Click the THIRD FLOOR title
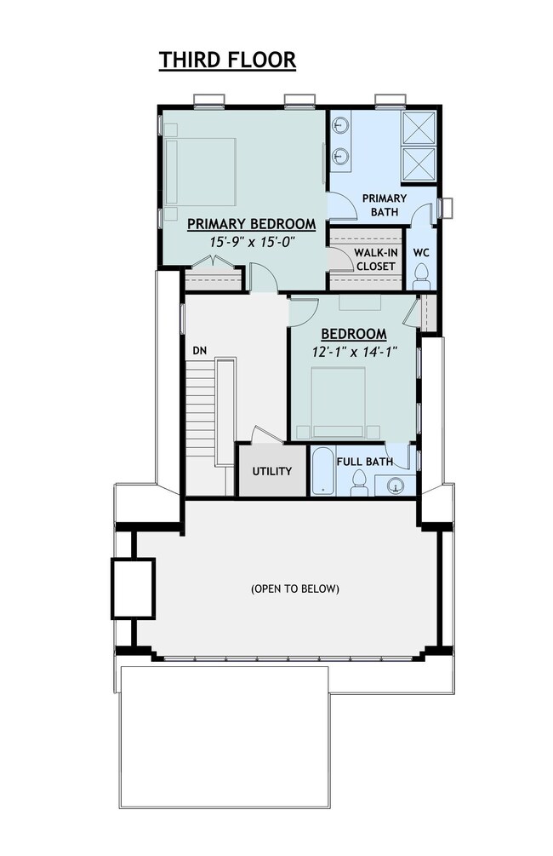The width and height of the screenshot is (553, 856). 227,60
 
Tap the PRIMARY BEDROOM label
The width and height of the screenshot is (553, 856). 251,224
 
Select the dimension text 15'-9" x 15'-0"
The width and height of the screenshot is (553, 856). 251,242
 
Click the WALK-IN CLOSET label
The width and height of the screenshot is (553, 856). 375,260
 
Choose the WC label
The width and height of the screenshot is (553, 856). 420,253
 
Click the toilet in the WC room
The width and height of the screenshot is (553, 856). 420,273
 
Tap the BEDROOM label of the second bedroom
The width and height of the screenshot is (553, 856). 355,334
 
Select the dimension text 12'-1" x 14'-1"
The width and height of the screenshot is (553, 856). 355,351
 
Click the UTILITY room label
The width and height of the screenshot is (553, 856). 272,471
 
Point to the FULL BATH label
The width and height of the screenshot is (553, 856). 364,462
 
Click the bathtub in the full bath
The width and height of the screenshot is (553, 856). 323,474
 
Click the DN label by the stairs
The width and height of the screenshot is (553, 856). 199,350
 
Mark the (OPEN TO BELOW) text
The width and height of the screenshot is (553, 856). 295,589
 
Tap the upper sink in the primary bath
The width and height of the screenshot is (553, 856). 340,128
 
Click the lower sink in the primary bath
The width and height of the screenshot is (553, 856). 340,156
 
